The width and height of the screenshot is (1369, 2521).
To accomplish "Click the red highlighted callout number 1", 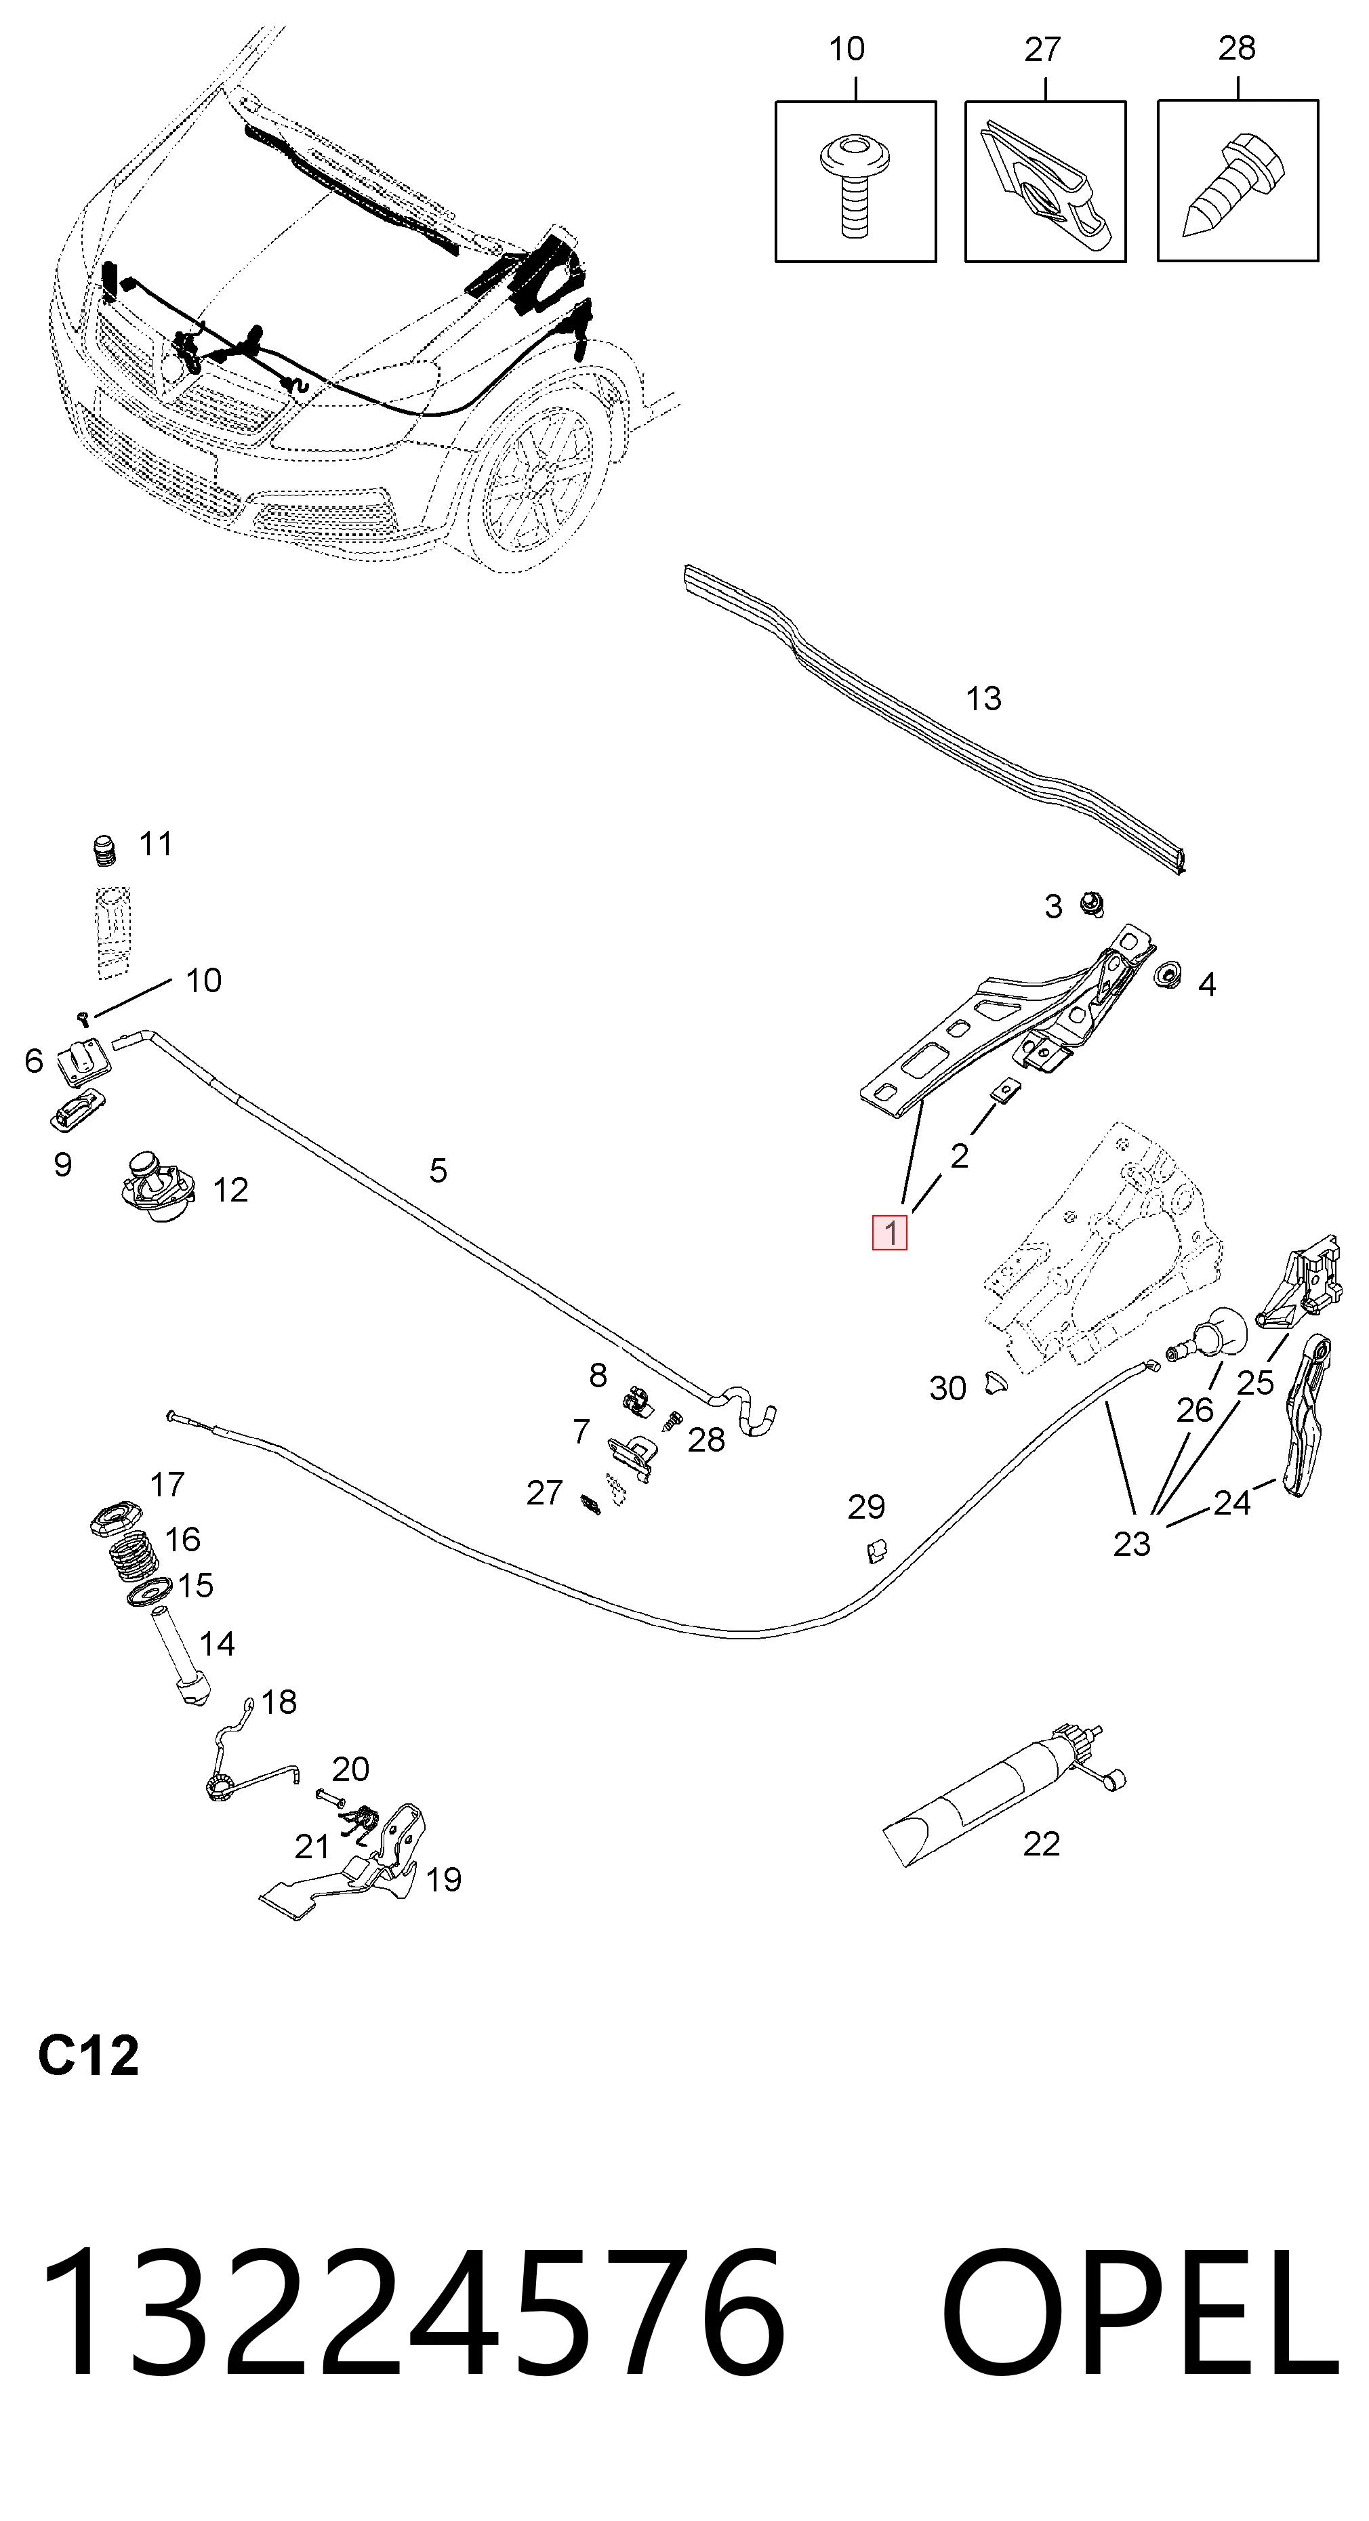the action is point(889,1232).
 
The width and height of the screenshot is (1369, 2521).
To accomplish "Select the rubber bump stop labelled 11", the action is point(104,850).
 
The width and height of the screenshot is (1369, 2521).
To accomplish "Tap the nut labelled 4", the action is point(1166,975).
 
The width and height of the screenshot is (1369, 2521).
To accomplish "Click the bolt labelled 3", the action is point(1091,903).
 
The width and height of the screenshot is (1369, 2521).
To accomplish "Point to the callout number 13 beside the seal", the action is point(983,699).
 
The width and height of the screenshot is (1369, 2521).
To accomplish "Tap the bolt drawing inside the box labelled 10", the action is point(855,186).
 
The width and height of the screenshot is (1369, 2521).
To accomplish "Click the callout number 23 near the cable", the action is point(1132,1544).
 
